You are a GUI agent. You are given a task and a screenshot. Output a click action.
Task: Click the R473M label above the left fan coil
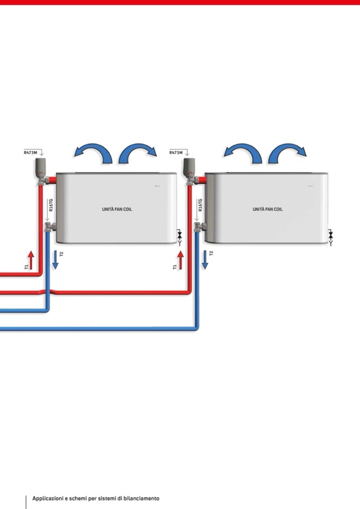(30, 152)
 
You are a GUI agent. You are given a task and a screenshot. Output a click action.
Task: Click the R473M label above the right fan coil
(176, 152)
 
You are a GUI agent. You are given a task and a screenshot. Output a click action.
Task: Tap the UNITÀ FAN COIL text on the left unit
(117, 209)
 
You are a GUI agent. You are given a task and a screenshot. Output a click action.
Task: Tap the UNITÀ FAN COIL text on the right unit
(268, 209)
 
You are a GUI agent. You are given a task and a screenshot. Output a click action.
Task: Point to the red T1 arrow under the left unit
(31, 260)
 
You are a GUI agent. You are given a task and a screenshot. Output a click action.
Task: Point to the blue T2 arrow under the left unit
(55, 260)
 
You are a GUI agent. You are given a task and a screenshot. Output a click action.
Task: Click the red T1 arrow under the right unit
(181, 260)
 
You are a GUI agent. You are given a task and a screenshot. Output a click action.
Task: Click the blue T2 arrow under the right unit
(204, 260)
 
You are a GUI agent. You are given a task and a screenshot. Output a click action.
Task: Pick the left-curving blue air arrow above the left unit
(93, 153)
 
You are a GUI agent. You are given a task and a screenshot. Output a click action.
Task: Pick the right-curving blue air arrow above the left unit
(138, 153)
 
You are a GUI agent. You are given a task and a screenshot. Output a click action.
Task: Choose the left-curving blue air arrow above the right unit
(243, 153)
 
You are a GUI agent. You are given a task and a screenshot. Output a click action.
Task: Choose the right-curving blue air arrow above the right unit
(287, 153)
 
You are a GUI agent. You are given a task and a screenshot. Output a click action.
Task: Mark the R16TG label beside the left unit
(51, 205)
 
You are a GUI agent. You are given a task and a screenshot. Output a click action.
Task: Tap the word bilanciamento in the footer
(141, 498)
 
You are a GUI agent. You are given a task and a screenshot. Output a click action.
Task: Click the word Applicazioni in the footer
(48, 498)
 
